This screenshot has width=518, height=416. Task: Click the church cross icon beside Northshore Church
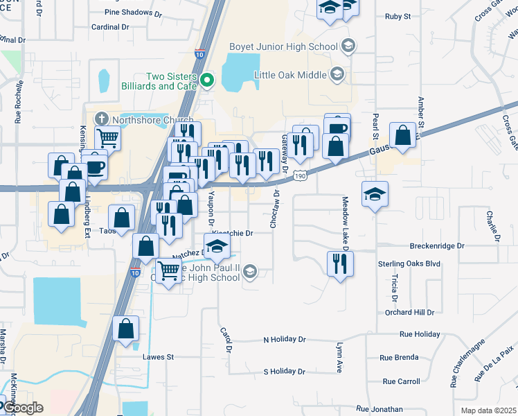pos(102,119)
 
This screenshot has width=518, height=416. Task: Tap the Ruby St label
pos(398,15)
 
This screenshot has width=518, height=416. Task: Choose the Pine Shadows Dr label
pos(134,12)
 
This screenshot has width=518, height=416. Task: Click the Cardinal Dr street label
pos(110,27)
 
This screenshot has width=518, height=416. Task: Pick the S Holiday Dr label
pos(284,372)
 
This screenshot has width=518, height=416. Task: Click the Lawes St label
pos(157,356)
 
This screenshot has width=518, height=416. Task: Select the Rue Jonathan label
pos(378,410)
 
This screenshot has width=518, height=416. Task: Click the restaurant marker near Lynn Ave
pos(339,263)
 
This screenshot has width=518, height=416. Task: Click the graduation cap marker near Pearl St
pos(374,193)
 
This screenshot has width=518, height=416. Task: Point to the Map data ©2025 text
pos(488,410)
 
